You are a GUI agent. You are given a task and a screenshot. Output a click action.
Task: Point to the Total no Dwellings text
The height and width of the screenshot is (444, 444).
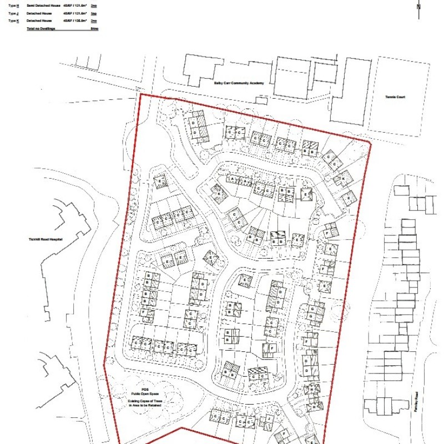(x=41, y=28)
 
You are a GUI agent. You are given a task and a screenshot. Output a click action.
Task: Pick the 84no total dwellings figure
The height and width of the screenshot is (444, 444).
(x=94, y=28)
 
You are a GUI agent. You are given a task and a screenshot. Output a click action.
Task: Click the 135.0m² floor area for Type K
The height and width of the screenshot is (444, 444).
(x=75, y=21)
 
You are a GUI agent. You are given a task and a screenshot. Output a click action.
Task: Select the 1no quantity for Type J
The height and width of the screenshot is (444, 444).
(x=94, y=13)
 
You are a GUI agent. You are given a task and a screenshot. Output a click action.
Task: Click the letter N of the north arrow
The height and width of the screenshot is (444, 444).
(x=418, y=7)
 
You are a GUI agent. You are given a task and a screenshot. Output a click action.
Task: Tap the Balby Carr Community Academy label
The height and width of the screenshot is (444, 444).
(x=239, y=83)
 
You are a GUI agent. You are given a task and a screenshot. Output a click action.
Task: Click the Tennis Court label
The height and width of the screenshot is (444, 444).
(x=396, y=97)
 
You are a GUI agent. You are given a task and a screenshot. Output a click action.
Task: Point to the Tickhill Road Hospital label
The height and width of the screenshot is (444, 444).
(x=46, y=239)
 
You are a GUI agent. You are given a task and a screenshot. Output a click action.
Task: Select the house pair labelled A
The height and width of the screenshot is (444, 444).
(x=239, y=180)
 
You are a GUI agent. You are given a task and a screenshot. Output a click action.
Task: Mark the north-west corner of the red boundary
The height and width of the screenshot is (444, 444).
(x=142, y=94)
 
